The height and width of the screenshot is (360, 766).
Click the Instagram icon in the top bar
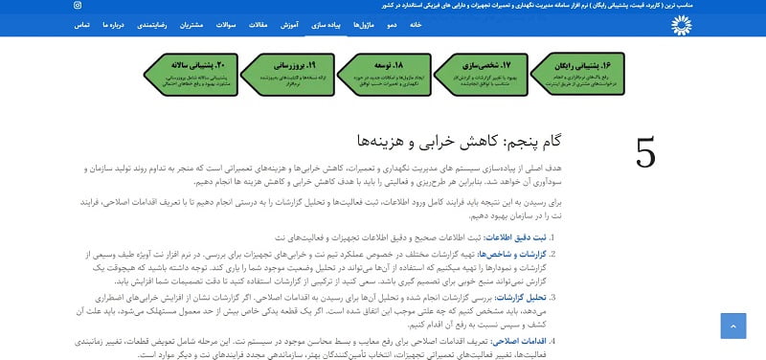coord(78,5)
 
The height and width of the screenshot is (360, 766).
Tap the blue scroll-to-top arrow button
coord(732,325)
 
